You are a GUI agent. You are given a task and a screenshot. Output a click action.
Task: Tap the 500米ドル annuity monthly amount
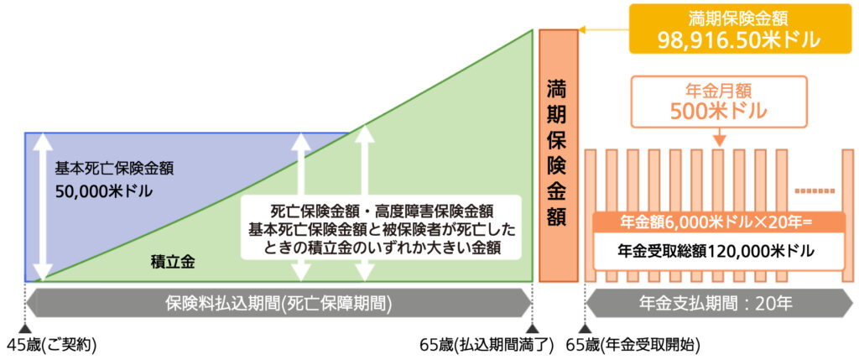[717, 109]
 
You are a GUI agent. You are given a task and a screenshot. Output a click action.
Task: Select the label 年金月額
[717, 89]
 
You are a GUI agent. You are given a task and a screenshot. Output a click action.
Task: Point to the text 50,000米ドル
[104, 191]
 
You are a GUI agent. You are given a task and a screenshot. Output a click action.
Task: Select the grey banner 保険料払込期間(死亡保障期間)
[279, 300]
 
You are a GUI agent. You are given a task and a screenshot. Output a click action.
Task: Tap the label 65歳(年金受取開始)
[633, 344]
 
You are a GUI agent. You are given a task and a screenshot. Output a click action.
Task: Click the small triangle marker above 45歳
[24, 328]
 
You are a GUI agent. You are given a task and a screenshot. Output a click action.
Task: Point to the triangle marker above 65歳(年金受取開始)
[585, 328]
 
